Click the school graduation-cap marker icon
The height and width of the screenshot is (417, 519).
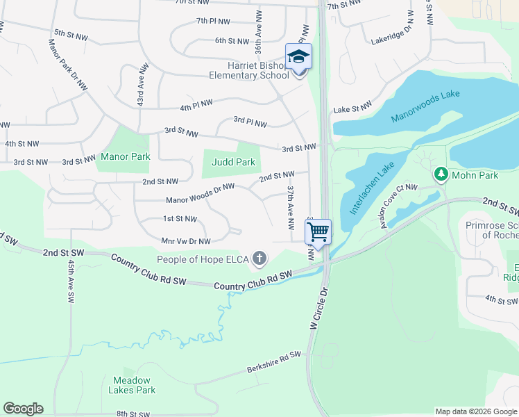tap(299, 57)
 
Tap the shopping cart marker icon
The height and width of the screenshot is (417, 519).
tap(318, 231)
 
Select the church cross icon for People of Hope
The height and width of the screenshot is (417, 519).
tap(259, 259)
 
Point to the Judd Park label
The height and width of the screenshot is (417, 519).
tap(233, 162)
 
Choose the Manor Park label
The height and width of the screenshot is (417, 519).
tap(126, 156)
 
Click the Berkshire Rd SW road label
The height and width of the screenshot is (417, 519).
tap(274, 364)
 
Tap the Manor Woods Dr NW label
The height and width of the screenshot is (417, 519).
tap(201, 193)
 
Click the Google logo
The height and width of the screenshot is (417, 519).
tap(23, 408)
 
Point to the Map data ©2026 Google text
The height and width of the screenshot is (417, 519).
tap(475, 411)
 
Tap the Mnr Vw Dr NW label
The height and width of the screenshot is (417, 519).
tap(185, 241)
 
